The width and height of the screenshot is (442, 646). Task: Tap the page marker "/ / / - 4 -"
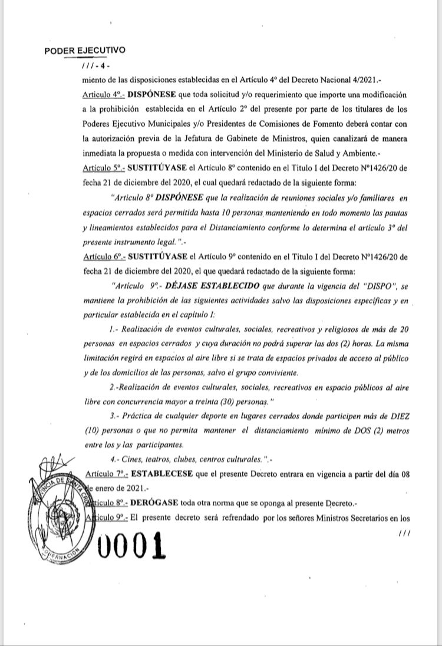tap(97, 67)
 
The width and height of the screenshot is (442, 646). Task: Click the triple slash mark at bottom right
tap(404, 533)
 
